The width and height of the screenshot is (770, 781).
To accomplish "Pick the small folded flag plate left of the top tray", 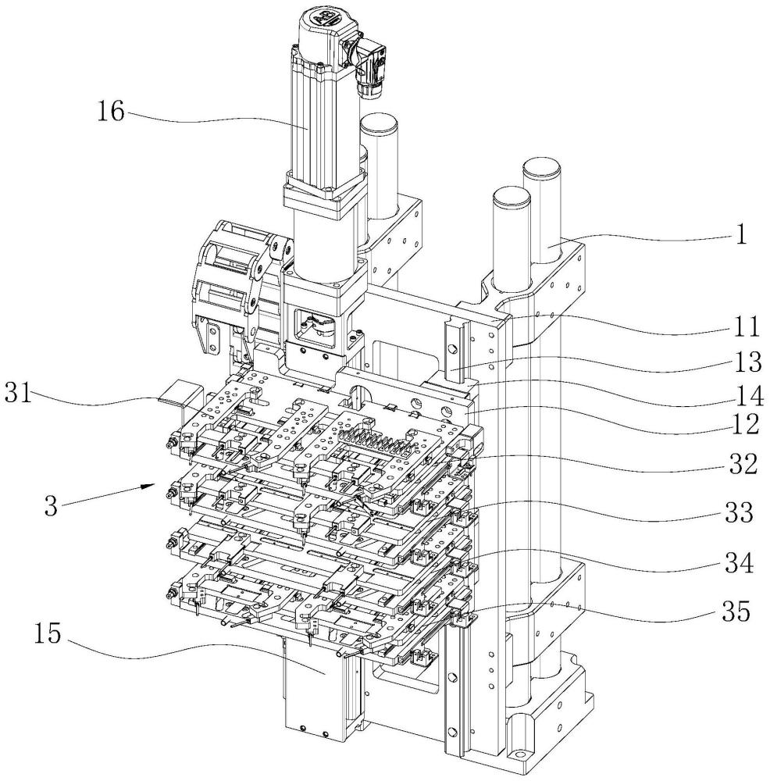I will point(177,390).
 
